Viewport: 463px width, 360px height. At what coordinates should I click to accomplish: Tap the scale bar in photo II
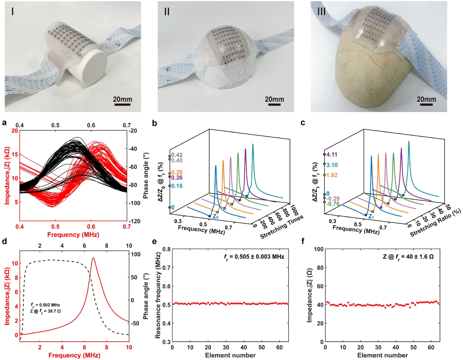(x=274, y=105)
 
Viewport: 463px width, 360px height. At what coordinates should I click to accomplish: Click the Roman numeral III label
(x=321, y=11)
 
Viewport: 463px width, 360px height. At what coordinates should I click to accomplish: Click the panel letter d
(x=4, y=242)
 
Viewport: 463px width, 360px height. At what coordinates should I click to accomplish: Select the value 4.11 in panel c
(x=332, y=154)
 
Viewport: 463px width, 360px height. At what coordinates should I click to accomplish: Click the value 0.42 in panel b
(x=177, y=155)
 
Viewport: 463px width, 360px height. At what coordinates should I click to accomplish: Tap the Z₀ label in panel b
(x=215, y=217)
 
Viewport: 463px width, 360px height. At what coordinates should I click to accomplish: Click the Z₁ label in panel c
(x=371, y=217)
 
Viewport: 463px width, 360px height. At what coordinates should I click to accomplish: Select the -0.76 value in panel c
(x=333, y=204)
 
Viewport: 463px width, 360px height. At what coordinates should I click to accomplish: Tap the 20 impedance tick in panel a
(x=15, y=131)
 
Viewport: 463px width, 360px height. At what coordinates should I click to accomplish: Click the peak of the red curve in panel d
(x=93, y=258)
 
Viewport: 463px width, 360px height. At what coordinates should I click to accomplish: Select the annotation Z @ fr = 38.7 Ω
(x=45, y=311)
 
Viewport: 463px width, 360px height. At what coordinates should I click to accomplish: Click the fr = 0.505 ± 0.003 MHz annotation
(x=254, y=257)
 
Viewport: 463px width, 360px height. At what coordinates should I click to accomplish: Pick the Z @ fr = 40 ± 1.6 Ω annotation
(x=408, y=257)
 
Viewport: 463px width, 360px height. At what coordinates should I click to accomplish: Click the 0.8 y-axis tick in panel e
(x=166, y=249)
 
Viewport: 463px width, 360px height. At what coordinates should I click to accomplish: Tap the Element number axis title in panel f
(x=382, y=355)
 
